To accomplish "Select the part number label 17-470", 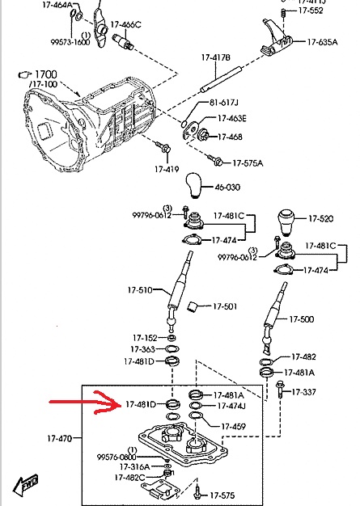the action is tap(60, 439).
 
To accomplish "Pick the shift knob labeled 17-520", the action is tap(286, 222).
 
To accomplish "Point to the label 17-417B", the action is tap(216, 57).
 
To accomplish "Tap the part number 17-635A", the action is tap(322, 42).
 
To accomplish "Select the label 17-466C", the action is tap(125, 24).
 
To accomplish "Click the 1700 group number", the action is tap(45, 74).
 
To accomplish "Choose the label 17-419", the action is tap(167, 169).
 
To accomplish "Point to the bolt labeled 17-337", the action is tap(279, 390).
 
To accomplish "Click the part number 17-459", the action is tap(234, 427).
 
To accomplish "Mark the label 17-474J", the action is tap(231, 406).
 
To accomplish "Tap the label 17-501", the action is tap(225, 306).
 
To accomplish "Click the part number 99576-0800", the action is tap(116, 458).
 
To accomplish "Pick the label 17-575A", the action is tap(248, 163).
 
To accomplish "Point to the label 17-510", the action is tap(140, 290).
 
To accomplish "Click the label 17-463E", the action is tap(232, 119).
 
